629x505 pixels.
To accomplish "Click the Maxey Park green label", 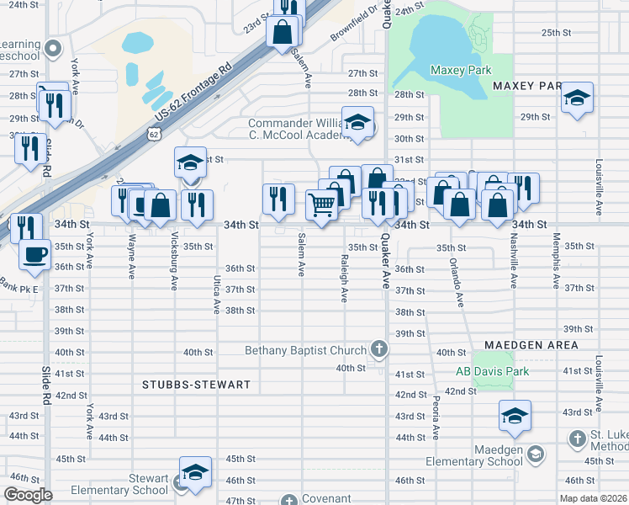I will (460, 71).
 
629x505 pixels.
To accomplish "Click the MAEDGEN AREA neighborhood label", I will (531, 345).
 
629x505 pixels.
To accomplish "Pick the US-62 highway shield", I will (151, 133).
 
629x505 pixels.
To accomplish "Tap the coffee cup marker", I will (34, 254).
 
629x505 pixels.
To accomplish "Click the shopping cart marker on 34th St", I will (321, 204).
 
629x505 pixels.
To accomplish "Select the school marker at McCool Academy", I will (357, 122).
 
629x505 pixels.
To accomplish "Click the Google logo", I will (28, 496).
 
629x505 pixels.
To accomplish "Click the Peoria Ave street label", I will (436, 418).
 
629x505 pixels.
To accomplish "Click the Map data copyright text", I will (594, 497).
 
